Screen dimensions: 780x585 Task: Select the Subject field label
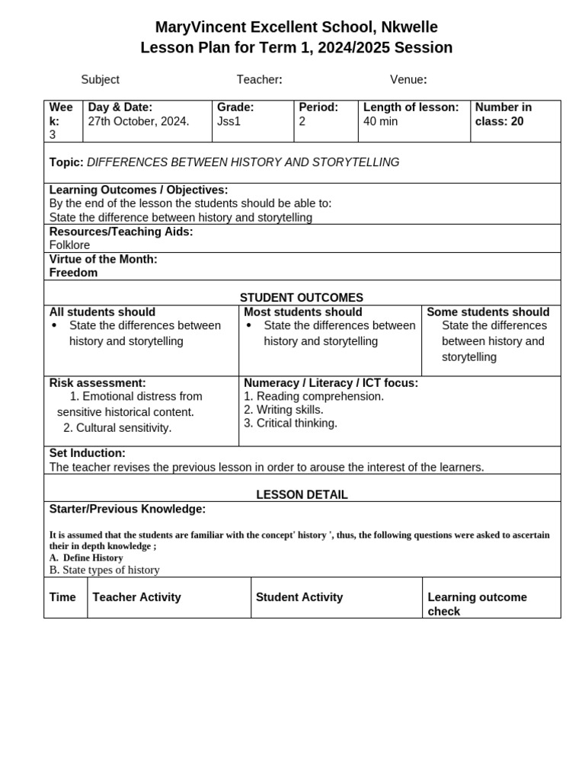(100, 80)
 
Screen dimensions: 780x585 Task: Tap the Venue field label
(408, 80)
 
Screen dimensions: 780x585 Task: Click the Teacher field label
(259, 80)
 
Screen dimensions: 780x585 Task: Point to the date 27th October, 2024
(139, 121)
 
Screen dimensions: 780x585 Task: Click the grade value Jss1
(229, 121)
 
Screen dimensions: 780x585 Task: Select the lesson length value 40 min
(381, 121)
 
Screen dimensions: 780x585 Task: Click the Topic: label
(66, 162)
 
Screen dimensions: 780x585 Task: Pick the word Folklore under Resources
(69, 245)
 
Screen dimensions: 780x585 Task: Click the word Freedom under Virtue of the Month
(73, 273)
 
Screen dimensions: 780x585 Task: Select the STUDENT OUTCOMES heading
(302, 298)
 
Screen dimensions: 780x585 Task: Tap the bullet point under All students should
(54, 326)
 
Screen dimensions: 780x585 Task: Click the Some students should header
(487, 312)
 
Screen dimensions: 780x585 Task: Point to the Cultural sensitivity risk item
(117, 428)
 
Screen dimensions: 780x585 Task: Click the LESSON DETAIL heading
(302, 495)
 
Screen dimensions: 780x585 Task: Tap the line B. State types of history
(104, 570)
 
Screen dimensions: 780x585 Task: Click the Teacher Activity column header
(136, 597)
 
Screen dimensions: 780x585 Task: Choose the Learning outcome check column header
(477, 604)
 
